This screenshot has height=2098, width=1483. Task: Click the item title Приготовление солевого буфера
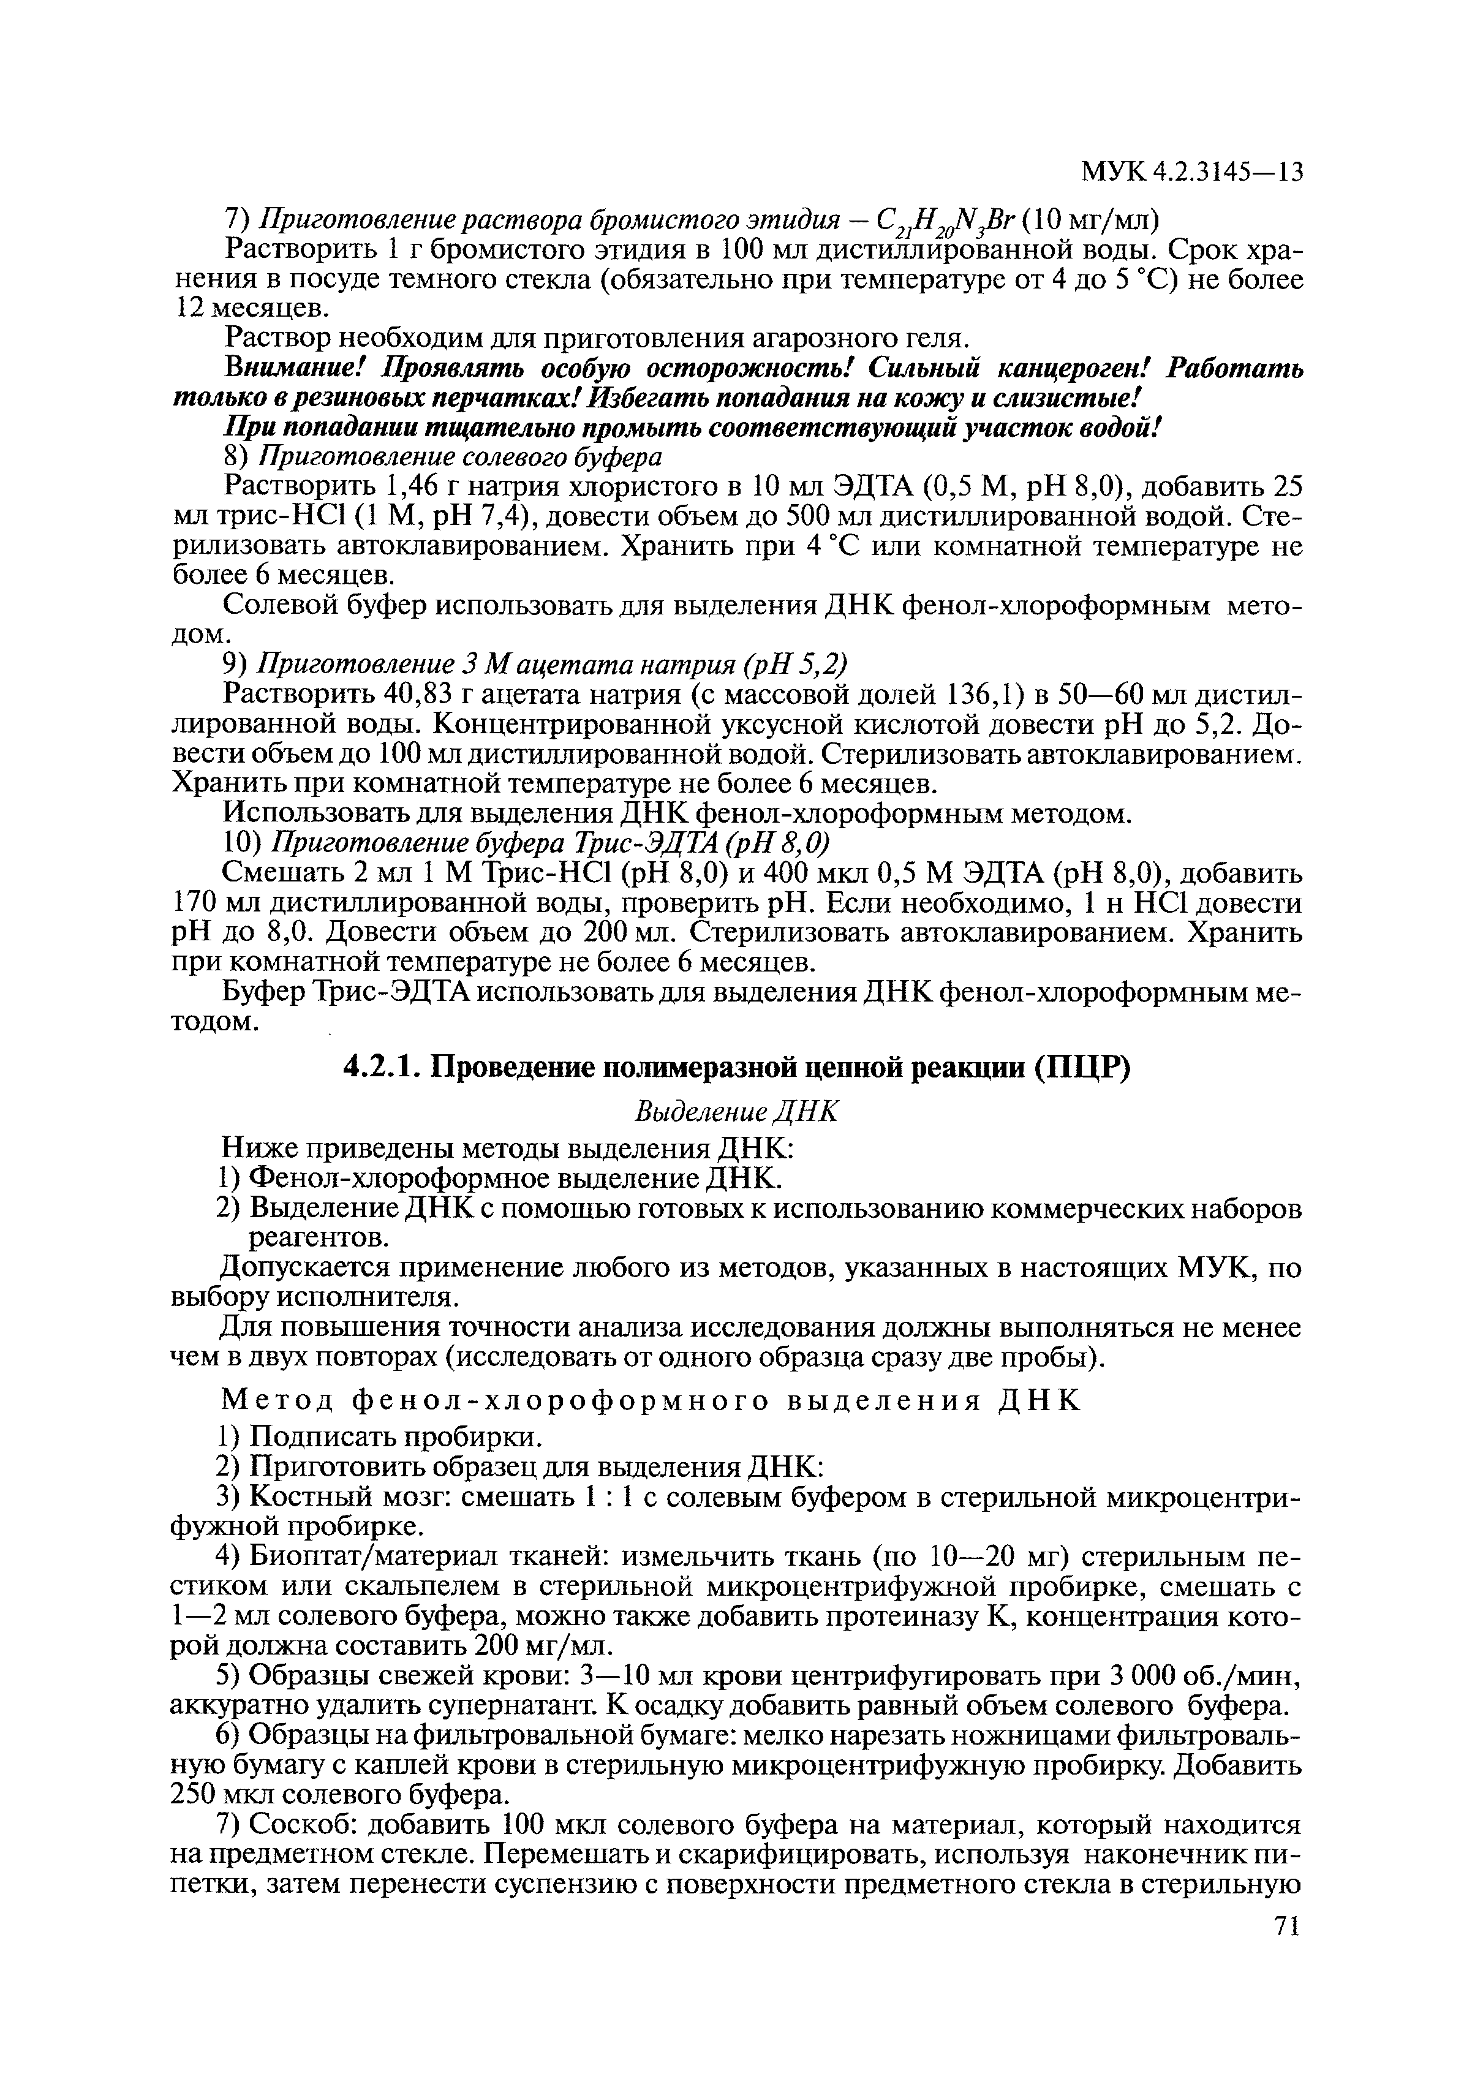tap(461, 455)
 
